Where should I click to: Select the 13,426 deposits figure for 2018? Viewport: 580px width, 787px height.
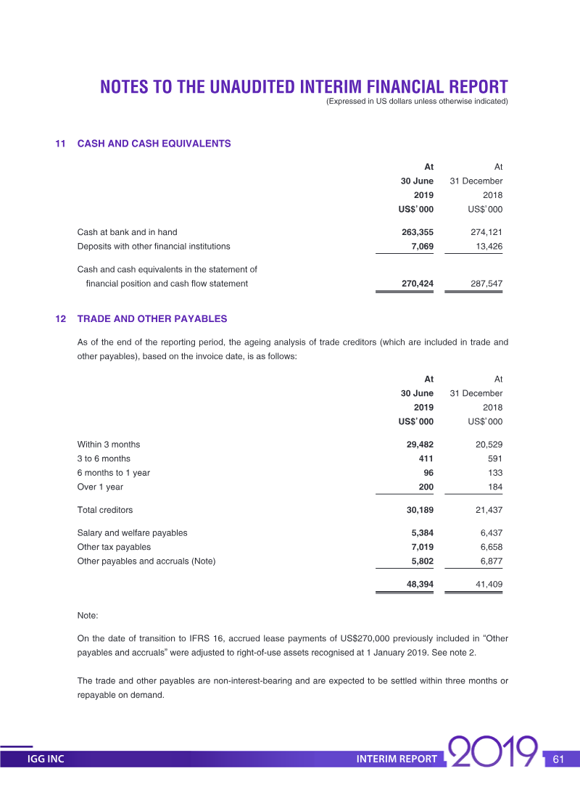tap(485, 246)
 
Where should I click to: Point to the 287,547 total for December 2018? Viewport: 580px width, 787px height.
tap(485, 284)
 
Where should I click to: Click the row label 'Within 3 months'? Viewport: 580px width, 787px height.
tap(109, 444)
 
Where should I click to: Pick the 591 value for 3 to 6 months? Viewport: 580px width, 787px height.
tap(493, 458)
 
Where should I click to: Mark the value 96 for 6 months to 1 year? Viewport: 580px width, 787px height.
tap(427, 472)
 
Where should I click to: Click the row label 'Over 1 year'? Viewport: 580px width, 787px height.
tap(100, 487)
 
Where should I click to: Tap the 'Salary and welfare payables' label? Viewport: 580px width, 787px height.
tap(132, 532)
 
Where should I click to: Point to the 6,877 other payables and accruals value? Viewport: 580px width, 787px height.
tap(488, 561)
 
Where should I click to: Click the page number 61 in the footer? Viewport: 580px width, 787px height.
tap(558, 759)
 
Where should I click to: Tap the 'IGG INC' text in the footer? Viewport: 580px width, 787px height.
tap(46, 759)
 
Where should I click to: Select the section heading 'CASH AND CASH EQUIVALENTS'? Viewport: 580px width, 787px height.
tap(154, 144)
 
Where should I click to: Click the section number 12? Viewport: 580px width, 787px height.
tap(61, 318)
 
